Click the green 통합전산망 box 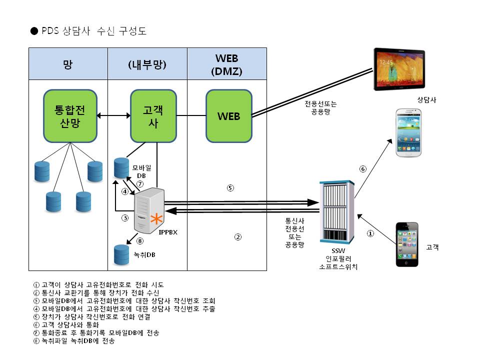(70, 116)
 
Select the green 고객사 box (153, 116)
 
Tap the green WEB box (229, 116)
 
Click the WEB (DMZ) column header (227, 64)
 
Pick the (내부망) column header (147, 64)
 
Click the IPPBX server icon (149, 210)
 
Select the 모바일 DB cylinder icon (121, 168)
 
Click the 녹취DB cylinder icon (121, 254)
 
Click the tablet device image (399, 69)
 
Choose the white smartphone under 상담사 (408, 133)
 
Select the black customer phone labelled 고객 (407, 244)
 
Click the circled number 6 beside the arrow (363, 169)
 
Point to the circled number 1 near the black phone (370, 233)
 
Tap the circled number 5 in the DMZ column (230, 188)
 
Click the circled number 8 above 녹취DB (140, 241)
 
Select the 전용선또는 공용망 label (320, 108)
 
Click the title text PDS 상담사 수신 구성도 (94, 31)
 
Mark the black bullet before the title (34, 31)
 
